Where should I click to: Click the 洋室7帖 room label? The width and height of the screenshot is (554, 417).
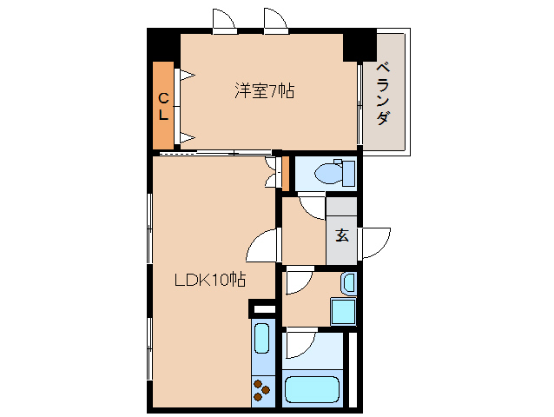pyautogui.click(x=263, y=89)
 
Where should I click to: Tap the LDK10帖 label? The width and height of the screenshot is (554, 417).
pyautogui.click(x=209, y=281)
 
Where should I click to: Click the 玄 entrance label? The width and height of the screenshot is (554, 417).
pyautogui.click(x=342, y=235)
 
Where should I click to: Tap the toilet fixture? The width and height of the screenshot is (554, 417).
pyautogui.click(x=333, y=174)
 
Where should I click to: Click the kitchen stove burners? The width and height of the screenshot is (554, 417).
pyautogui.click(x=262, y=389)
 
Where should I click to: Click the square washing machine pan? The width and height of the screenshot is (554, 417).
pyautogui.click(x=343, y=310)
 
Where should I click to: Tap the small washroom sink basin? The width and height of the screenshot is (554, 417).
pyautogui.click(x=348, y=282)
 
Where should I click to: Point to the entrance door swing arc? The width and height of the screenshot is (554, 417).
pyautogui.click(x=376, y=242)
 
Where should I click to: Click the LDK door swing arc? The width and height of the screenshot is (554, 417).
pyautogui.click(x=261, y=247)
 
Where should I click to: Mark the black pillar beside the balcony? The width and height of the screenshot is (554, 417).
pyautogui.click(x=359, y=45)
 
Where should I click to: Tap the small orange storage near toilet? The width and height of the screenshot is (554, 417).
pyautogui.click(x=284, y=173)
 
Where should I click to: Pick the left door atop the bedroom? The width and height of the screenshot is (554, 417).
pyautogui.click(x=224, y=22)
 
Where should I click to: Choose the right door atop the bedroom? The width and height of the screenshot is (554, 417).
pyautogui.click(x=276, y=22)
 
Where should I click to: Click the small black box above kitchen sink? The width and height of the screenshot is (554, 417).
pyautogui.click(x=262, y=308)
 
